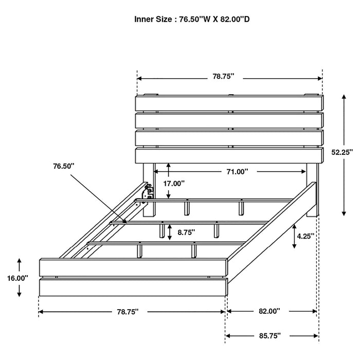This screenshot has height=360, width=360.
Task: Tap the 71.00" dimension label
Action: point(238,171)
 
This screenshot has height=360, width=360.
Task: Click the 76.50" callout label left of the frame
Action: point(63,166)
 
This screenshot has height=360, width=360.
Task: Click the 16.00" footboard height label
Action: point(18,278)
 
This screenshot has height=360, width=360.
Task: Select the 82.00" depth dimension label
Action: point(269,311)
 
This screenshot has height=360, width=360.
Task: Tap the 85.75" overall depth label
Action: point(269,336)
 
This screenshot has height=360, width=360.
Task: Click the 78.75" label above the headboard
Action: point(223,77)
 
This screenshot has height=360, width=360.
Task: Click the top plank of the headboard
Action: point(229,103)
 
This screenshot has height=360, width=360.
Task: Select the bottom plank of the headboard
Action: point(229,156)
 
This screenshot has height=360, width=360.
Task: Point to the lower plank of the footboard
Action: point(132,287)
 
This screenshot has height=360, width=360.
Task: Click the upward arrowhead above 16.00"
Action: point(19,261)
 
